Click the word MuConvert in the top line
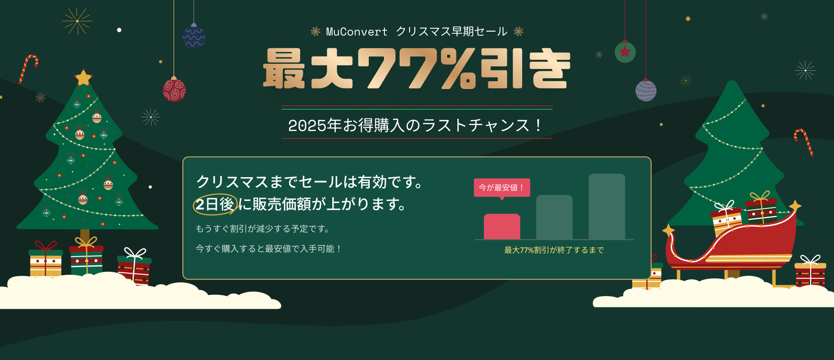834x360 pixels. [356, 32]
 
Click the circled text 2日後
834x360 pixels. [215, 204]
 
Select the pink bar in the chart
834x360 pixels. [502, 226]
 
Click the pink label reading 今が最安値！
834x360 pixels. [502, 188]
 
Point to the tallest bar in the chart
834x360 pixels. [606, 206]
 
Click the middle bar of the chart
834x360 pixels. [554, 217]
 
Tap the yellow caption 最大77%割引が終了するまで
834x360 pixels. [554, 250]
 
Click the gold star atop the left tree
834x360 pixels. [83, 78]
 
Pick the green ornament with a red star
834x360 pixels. [625, 52]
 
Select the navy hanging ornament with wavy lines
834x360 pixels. [194, 36]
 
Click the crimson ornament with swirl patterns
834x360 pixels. [174, 90]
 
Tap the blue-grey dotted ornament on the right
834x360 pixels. [646, 90]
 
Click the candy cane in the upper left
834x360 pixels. [28, 68]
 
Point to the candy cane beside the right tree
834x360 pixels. [804, 141]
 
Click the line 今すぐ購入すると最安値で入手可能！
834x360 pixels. [268, 249]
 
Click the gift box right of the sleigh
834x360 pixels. [810, 274]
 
